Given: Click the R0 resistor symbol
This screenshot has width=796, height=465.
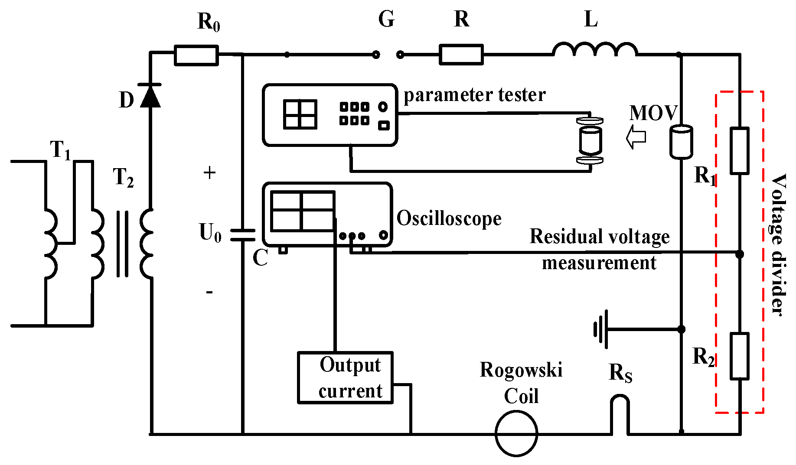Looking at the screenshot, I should point(196,55).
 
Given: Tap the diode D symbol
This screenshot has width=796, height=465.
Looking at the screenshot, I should point(150,96).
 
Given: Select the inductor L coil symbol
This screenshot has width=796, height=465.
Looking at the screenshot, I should point(594,49).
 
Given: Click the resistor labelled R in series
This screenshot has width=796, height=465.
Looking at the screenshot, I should point(461,55).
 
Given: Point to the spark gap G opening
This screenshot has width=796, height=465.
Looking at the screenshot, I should point(388,55).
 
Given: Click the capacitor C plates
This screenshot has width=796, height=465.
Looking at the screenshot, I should point(242,234).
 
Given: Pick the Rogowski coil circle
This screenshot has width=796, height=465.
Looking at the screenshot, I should point(516,433).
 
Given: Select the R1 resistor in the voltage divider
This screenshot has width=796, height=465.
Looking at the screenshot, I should point(739,151).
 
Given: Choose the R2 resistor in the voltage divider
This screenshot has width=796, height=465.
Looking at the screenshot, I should point(739,356).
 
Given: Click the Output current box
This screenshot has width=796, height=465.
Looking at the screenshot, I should point(345,377).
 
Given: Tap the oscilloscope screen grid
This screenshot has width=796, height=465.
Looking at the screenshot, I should point(303,211).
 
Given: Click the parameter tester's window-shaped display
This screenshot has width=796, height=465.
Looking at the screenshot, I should point(300,114).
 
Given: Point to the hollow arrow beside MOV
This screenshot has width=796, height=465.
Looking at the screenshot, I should point(636,137).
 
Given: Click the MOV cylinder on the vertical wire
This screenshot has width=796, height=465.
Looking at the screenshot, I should point(681,142).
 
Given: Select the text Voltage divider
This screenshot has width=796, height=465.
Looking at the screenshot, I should point(779,245).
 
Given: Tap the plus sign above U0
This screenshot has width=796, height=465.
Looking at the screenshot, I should point(209,173).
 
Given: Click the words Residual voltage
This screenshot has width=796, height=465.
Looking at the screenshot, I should point(600,237).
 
